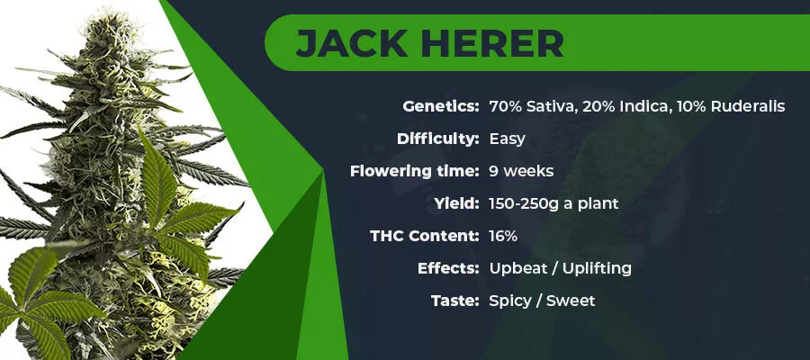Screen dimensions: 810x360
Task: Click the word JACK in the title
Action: pos(351,43)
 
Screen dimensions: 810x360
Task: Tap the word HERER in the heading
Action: pos(491,43)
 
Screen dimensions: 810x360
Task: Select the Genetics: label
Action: pos(441,107)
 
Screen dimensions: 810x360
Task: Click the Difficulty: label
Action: pos(438,139)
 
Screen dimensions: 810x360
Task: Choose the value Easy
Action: pos(508,139)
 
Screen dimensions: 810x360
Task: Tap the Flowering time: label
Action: pos(415,171)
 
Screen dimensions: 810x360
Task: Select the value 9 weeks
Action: pos(521,172)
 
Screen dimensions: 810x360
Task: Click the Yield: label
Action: pos(457,203)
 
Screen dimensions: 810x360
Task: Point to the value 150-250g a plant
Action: pos(553,203)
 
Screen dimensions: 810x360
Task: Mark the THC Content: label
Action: pos(425,236)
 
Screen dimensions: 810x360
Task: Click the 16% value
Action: pos(503,236)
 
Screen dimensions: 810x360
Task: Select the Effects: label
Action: pos(449,268)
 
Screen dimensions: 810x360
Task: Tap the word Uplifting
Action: pos(597,269)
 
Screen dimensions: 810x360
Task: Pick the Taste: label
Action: pos(455,301)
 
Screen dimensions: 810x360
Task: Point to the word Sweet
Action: pos(571,301)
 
